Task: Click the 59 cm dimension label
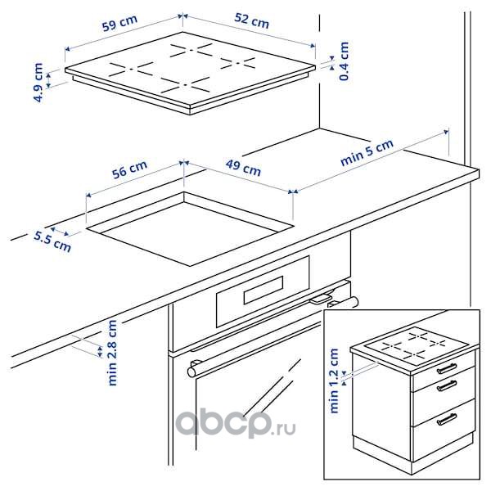coord(120,23)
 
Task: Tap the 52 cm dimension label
coord(251,20)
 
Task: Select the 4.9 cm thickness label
coord(38,83)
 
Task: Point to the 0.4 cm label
coord(345,61)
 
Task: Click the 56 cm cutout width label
coord(129,169)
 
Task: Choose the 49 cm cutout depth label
coord(243,168)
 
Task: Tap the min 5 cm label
coord(367,152)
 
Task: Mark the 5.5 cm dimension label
coord(52,241)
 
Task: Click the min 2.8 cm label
coord(112,353)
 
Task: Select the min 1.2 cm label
coord(334,381)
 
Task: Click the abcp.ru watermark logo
coord(236,423)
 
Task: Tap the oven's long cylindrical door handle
coord(273,336)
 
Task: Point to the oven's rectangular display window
coord(264,290)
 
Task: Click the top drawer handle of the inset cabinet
coord(447,368)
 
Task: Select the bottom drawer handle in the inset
coord(447,419)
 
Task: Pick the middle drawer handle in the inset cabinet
coord(447,385)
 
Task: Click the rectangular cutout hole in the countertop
coord(190,229)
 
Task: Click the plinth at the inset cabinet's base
coord(413,454)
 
